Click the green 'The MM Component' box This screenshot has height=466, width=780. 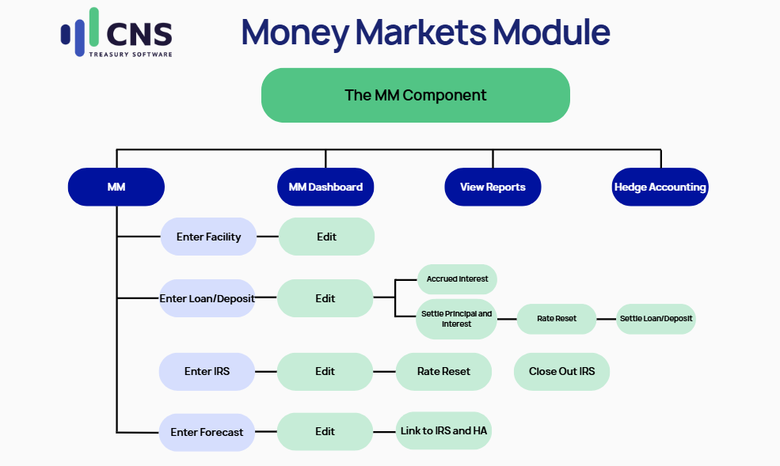416,95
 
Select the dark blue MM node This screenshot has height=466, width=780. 116,187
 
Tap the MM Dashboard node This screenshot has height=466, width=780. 325,187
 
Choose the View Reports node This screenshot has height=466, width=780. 493,187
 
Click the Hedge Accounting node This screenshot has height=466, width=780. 660,187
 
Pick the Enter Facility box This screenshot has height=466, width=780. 208,237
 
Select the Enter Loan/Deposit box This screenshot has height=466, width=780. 207,298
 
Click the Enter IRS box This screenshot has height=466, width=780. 207,372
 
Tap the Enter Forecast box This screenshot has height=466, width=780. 207,432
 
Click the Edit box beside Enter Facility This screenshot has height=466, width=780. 326,237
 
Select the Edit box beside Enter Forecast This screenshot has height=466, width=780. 325,431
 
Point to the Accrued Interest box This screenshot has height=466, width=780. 457,279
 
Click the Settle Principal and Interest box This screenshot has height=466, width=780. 456,319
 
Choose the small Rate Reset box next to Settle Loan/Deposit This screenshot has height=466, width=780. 557,319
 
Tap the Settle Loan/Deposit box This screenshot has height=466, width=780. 656,319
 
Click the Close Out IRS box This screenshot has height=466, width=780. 561,372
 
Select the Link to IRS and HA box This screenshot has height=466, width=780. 443,430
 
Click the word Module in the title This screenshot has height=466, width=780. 551,32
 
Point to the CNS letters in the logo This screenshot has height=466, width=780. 139,34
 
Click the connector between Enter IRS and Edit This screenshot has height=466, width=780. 266,372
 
